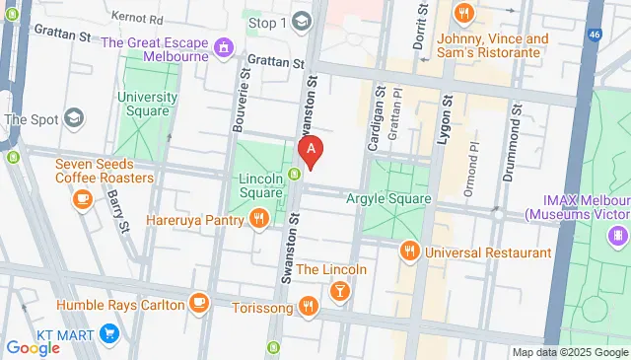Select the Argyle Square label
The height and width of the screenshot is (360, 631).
pos(388,198)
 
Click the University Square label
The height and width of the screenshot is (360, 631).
pos(147,105)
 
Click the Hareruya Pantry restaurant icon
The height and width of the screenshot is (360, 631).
pos(258,219)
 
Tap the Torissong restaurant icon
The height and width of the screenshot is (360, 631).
pos(309,307)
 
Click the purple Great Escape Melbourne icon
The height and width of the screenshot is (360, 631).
pos(225,45)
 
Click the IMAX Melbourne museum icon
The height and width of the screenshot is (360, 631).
pos(617,235)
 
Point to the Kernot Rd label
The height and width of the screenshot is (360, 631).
pos(137,19)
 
